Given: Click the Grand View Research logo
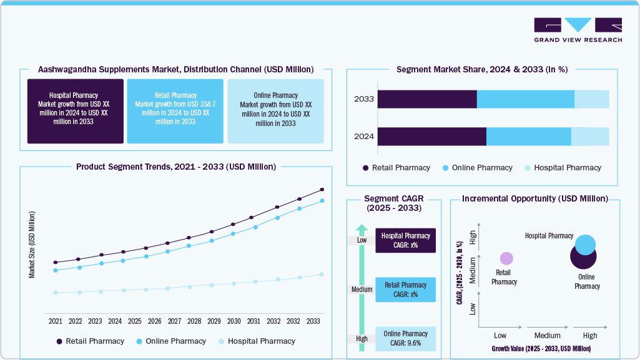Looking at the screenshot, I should (x=578, y=30).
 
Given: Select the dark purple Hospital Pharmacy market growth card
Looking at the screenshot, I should (x=75, y=111).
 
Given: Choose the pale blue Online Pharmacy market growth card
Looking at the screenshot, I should (x=275, y=111).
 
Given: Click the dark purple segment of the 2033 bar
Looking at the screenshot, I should (x=427, y=99).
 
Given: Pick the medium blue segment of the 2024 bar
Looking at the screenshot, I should (x=528, y=137).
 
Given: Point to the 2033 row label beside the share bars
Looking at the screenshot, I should (x=363, y=99).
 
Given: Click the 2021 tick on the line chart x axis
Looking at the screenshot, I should (x=56, y=321).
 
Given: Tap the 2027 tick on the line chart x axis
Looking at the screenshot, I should (x=174, y=321).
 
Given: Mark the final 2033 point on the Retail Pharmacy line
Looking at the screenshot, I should (x=322, y=189).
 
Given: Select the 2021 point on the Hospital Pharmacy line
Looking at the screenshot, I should (x=56, y=292).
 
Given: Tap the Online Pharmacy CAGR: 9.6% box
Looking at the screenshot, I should (x=405, y=338).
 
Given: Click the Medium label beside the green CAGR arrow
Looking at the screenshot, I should (x=362, y=289).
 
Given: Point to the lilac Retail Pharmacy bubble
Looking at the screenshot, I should (x=506, y=258).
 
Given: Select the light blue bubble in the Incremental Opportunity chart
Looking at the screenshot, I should (x=585, y=245).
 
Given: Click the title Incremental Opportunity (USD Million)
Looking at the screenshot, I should (x=534, y=198).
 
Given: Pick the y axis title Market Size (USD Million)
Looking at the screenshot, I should (x=32, y=245).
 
